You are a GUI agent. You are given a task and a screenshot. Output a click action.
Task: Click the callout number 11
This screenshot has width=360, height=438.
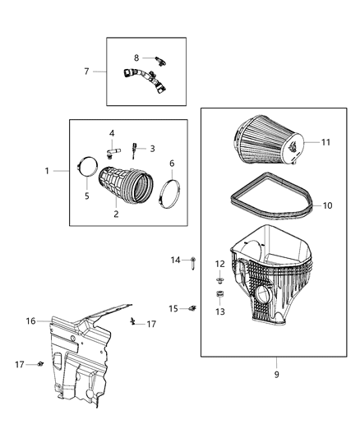[x=326, y=142]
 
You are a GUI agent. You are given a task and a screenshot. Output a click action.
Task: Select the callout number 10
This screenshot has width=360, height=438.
[x=327, y=205]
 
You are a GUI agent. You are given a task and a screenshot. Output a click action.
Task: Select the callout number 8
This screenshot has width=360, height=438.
[x=136, y=58]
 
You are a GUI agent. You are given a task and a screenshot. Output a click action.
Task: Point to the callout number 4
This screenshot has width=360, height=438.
[x=112, y=133]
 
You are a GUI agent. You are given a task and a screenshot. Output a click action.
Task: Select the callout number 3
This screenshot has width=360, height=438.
[x=152, y=149]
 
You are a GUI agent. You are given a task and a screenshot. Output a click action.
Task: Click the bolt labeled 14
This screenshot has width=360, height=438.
[x=192, y=264]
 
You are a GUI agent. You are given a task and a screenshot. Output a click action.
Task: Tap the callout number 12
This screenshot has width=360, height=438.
[x=220, y=264]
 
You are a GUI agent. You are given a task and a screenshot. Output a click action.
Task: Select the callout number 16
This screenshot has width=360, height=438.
[x=31, y=321]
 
